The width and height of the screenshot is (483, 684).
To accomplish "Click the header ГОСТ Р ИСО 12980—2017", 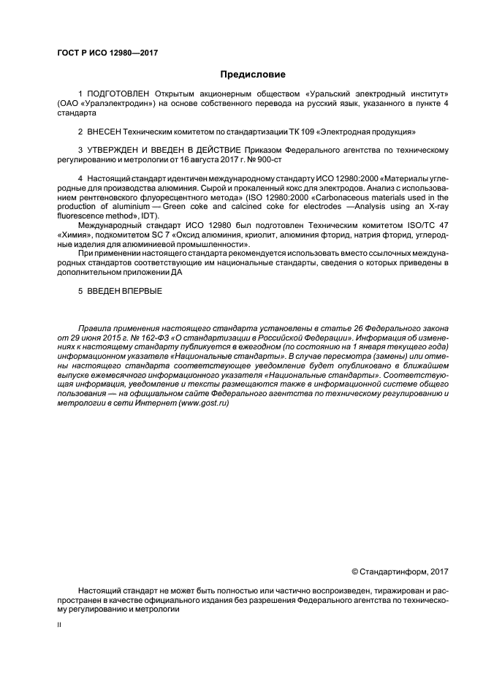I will [x=107, y=53].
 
